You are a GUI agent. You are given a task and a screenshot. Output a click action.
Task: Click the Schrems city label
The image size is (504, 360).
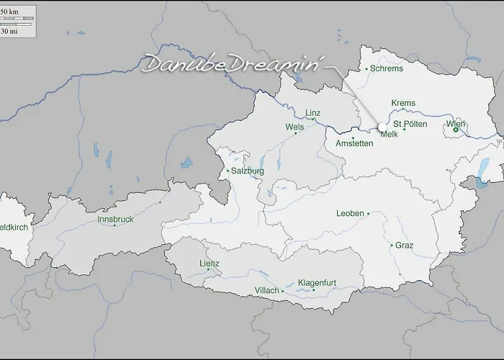point(387,68)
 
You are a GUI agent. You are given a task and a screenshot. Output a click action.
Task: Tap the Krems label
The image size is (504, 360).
point(403,103)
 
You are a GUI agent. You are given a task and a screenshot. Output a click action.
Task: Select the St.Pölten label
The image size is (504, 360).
point(410,125)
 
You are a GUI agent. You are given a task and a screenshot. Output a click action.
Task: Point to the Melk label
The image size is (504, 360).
point(389,135)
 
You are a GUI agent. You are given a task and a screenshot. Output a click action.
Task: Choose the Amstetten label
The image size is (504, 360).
point(354,143)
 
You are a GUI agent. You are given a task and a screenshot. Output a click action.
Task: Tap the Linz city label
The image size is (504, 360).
point(312,113)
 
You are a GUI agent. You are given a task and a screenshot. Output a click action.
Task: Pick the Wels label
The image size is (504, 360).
point(294,126)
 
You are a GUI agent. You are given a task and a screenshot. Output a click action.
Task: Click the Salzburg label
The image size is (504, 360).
point(248,171)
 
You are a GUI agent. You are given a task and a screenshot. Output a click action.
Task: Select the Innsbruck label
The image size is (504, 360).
point(115,219)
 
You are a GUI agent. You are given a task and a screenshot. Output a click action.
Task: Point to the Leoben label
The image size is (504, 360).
point(350,214)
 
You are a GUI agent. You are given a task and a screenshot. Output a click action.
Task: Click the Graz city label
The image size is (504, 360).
point(405,246)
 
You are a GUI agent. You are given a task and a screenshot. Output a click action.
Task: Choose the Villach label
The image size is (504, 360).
point(266,291)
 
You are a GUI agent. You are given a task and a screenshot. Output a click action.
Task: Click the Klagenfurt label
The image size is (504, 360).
point(317,283)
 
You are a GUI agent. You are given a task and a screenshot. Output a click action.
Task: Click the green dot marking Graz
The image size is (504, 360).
point(392,246)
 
